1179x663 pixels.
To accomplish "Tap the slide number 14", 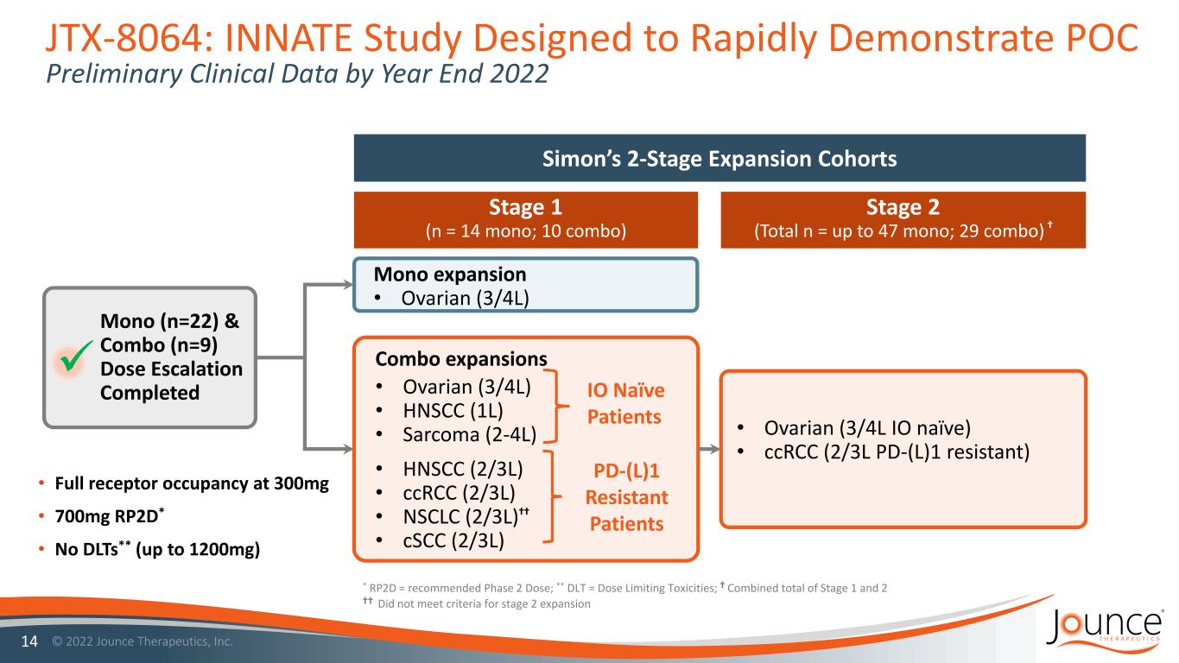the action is coord(29,641).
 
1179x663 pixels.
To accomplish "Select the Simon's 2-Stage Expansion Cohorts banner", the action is coord(719,158).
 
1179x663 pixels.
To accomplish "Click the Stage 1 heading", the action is coord(525,207).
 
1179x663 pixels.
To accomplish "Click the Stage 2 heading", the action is coord(903,207).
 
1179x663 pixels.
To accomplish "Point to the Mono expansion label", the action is coord(450,275).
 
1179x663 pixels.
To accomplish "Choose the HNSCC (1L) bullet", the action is coord(453,410).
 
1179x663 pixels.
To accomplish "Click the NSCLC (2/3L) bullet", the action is coord(466,516).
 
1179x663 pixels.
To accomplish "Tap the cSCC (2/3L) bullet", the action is coord(453,540).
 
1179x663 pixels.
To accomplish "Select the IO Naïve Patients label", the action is coord(625,403).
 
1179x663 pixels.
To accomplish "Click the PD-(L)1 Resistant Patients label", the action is coord(626,496).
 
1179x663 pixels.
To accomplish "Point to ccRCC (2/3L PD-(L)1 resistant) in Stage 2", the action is coord(897,452).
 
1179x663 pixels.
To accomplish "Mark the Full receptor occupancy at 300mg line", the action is coord(192,483).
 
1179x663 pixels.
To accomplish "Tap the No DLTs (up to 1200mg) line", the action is coord(157,549).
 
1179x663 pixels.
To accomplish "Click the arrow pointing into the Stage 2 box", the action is coord(709,449).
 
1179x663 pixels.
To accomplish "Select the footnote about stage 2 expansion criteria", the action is coord(476,603).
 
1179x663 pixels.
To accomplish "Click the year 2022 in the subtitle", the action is coord(519,73).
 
